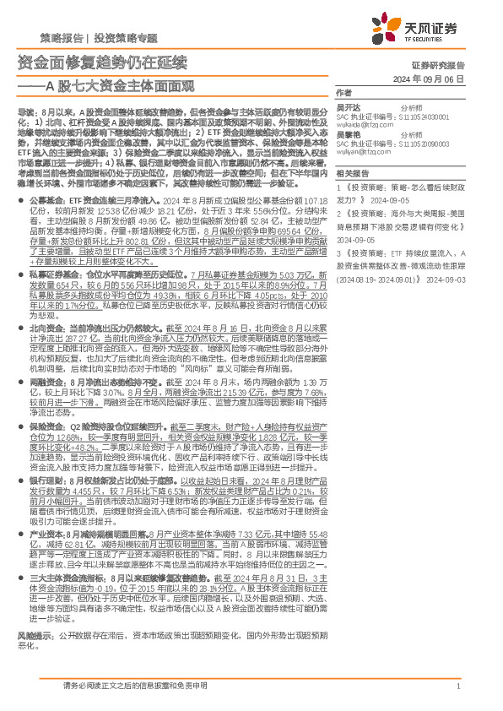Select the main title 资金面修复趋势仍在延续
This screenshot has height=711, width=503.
pyautogui.click(x=102, y=62)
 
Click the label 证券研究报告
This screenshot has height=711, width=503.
pyautogui.click(x=462, y=65)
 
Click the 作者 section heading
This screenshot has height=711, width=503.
pyautogui.click(x=343, y=92)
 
